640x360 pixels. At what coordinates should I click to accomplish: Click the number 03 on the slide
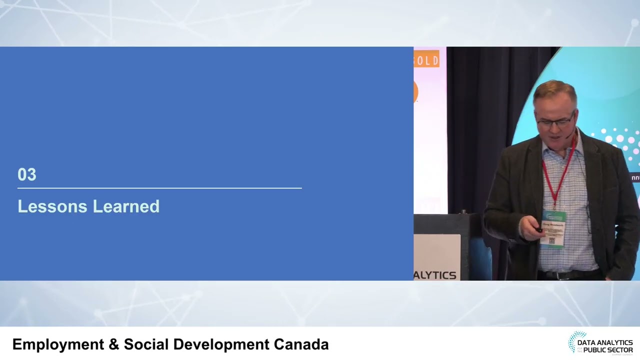[27, 174]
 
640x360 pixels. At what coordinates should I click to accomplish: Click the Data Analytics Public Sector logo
[600, 343]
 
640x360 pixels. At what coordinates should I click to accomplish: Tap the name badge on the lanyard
[552, 228]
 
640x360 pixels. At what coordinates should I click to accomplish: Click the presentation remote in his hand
[538, 230]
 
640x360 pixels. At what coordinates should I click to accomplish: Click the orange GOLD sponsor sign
[426, 59]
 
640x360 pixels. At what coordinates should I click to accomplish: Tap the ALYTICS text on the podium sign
[435, 275]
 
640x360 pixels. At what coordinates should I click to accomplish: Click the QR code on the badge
[552, 240]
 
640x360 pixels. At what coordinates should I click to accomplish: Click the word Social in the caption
[145, 344]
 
